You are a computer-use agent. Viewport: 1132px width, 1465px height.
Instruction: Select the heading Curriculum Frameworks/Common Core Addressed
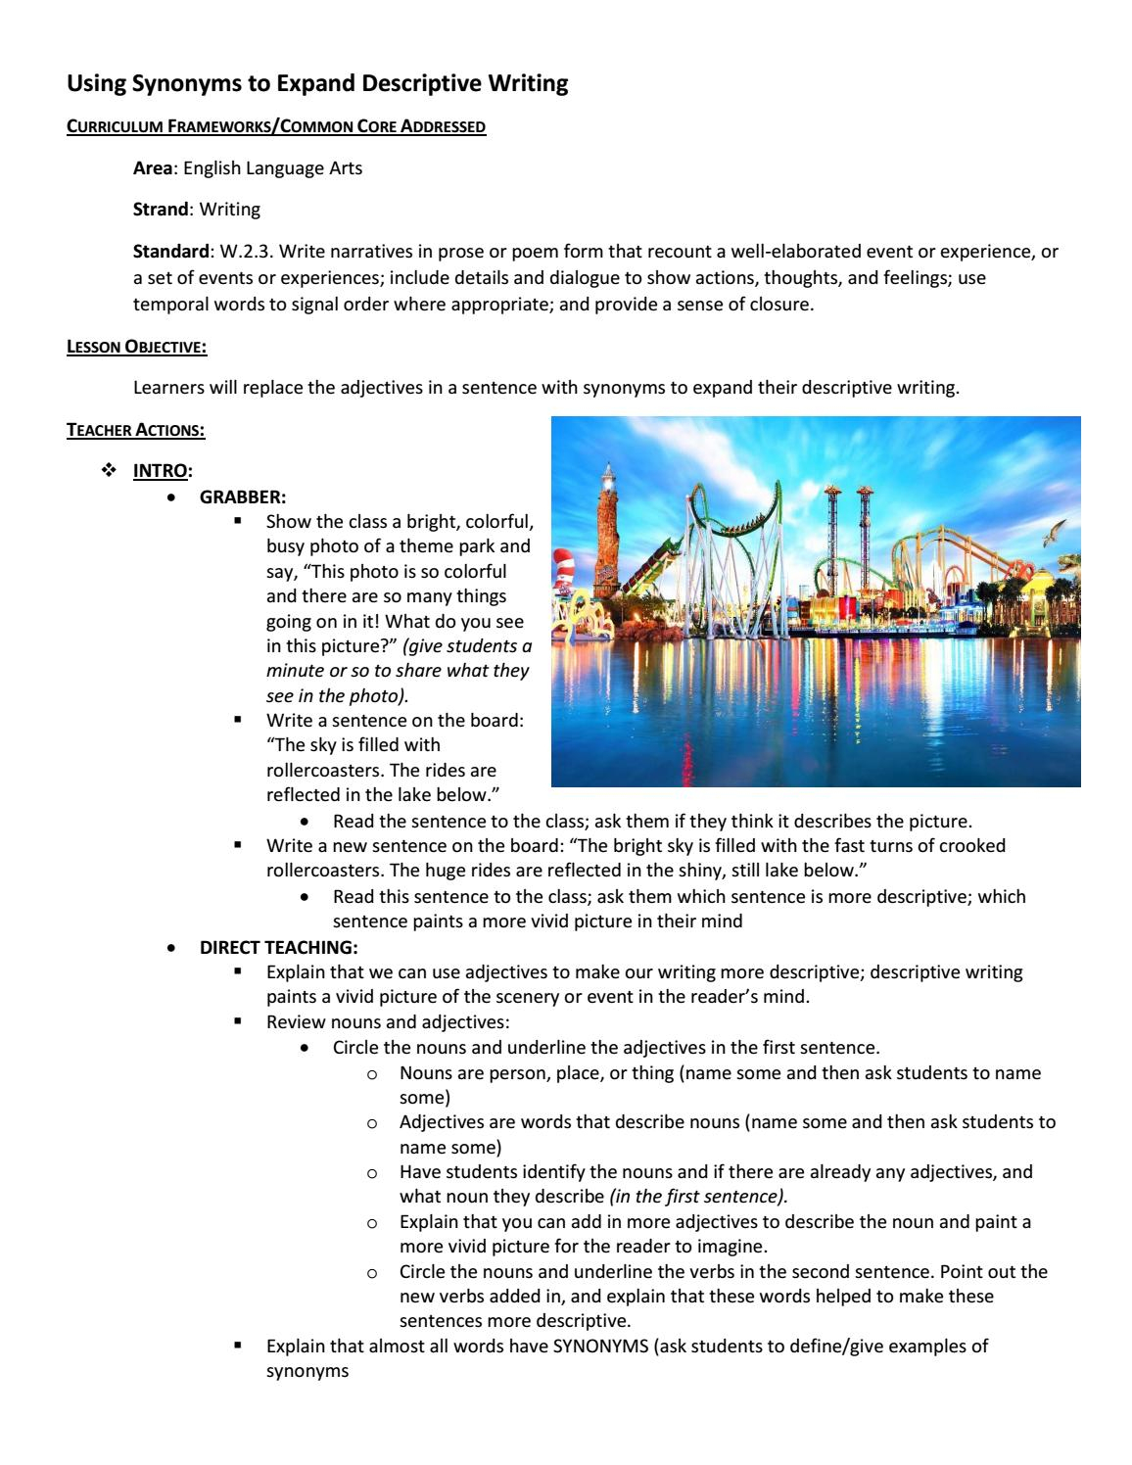pyautogui.click(x=275, y=127)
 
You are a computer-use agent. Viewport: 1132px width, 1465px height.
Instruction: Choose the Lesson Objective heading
pyautogui.click(x=136, y=347)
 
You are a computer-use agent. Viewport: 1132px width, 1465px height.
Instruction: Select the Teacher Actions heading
pyautogui.click(x=135, y=429)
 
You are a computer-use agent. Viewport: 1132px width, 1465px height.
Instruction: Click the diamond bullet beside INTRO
pyautogui.click(x=108, y=471)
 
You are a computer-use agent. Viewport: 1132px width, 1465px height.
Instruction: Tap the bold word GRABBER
pyautogui.click(x=242, y=496)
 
